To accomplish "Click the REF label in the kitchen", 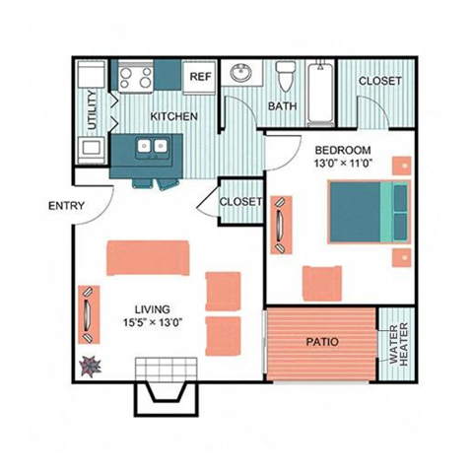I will pyautogui.click(x=200, y=76).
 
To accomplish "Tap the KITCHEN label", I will pyautogui.click(x=173, y=116).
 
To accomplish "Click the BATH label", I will pyautogui.click(x=283, y=105).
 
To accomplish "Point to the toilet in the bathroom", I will pyautogui.click(x=287, y=75).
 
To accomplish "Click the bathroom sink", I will pyautogui.click(x=240, y=73).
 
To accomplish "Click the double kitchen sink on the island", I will pyautogui.click(x=152, y=148).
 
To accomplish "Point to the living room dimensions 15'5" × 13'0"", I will pyautogui.click(x=146, y=321).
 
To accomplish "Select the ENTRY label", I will pyautogui.click(x=66, y=206).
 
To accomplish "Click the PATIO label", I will pyautogui.click(x=321, y=343).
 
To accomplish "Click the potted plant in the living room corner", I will pyautogui.click(x=92, y=366).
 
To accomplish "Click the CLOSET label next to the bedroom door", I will pyautogui.click(x=241, y=201).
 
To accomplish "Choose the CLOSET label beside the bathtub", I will pyautogui.click(x=379, y=81).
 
